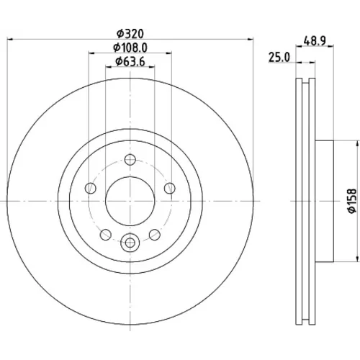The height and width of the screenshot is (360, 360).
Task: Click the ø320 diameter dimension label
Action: click(x=130, y=34)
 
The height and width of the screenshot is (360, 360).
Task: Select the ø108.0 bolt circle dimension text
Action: click(x=130, y=48)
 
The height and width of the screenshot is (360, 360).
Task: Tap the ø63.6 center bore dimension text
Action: click(x=130, y=62)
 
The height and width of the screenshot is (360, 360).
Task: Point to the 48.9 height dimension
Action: click(x=315, y=40)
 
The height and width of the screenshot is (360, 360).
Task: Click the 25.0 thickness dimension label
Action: click(x=279, y=58)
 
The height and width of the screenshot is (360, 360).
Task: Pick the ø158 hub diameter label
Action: click(x=352, y=201)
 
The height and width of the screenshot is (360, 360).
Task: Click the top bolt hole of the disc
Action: click(x=130, y=160)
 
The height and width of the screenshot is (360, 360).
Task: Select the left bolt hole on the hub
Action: click(x=91, y=188)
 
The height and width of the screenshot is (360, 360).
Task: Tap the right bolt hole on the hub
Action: click(x=170, y=188)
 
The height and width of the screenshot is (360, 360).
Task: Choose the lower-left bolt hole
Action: click(x=106, y=235)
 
